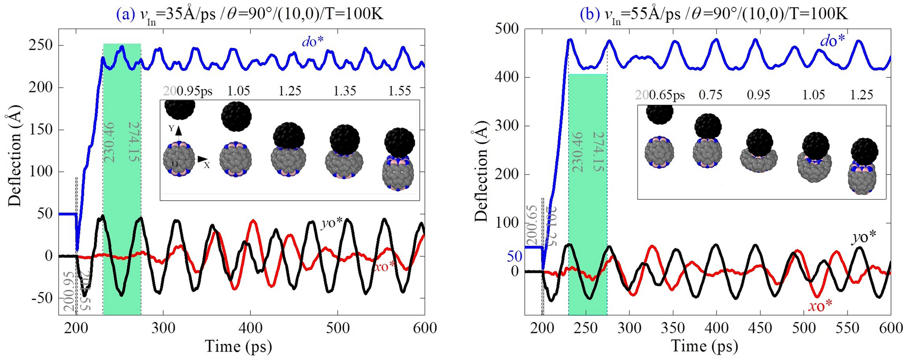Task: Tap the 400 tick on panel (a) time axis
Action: pos(250,328)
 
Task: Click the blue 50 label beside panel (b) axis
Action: pos(514,256)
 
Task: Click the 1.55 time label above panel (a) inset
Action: pos(399,91)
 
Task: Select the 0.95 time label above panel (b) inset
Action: pos(758,95)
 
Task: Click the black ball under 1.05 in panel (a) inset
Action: pos(236,117)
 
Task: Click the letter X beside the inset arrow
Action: pos(207,165)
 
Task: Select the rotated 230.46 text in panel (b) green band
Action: pos(577,152)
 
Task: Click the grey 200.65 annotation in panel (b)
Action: pos(532,226)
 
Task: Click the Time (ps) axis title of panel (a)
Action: pos(238,346)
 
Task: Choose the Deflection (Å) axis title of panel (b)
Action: pos(480,176)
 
